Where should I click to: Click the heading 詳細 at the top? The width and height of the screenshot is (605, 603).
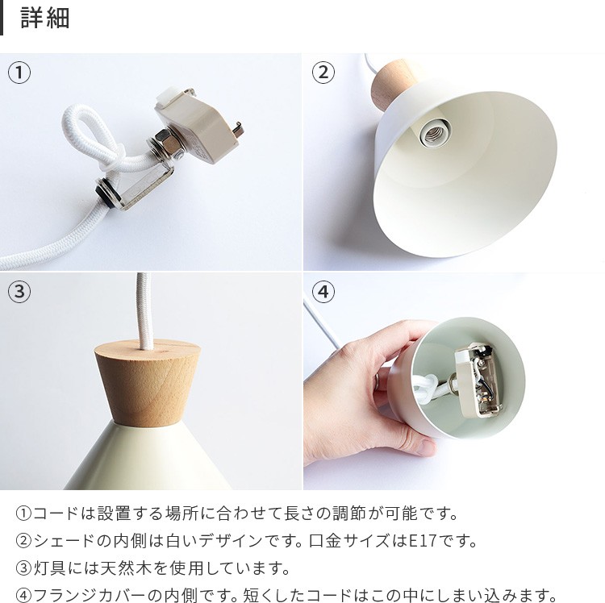[44, 18]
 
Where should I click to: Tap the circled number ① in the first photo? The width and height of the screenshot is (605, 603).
[19, 73]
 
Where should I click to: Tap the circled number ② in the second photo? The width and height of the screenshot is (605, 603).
[323, 73]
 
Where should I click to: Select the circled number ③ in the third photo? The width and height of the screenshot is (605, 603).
[19, 292]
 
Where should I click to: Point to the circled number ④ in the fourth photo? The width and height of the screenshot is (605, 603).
[323, 292]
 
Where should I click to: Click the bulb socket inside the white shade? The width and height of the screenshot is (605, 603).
[435, 133]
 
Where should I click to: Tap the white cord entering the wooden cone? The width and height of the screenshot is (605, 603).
[144, 310]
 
